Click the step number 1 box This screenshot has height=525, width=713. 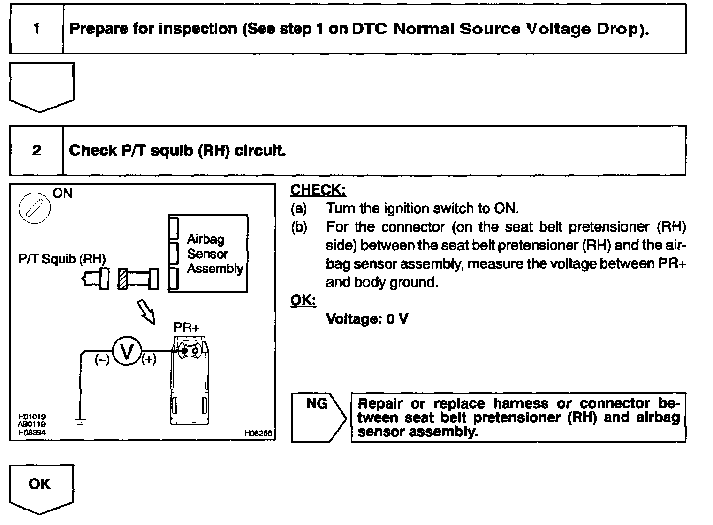37,30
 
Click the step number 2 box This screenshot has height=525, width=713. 37,151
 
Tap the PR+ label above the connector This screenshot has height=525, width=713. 186,327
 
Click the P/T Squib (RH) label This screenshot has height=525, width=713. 62,259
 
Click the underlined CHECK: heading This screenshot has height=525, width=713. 318,190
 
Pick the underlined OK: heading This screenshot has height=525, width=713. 303,301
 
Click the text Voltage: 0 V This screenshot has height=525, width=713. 367,319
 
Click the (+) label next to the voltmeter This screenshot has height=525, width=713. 149,360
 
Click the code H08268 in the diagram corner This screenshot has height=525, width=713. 258,434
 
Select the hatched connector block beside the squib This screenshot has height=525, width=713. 123,279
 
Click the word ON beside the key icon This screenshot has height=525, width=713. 62,193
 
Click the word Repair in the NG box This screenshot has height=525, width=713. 380,403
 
